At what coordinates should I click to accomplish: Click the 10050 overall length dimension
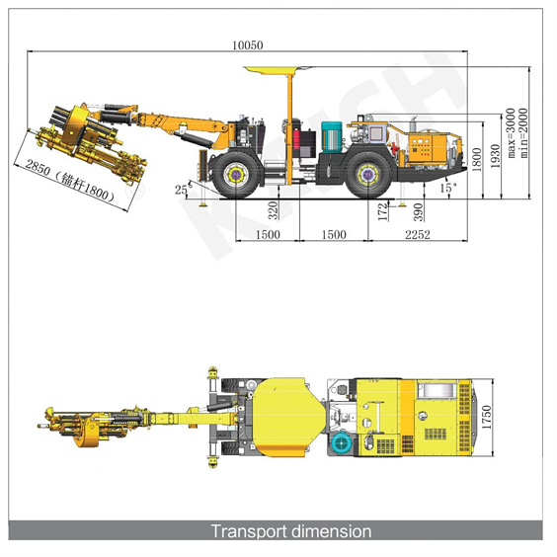tap(248, 45)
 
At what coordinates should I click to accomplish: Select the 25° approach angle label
tap(183, 189)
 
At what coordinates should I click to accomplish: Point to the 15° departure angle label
tap(448, 188)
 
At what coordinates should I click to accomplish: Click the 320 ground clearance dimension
tap(273, 210)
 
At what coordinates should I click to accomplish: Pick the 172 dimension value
tap(382, 212)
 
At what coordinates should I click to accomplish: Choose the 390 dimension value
tap(419, 212)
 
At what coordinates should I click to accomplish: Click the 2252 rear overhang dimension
tap(418, 234)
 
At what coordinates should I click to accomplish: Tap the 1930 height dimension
tap(495, 156)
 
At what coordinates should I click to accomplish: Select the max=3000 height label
tap(511, 133)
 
